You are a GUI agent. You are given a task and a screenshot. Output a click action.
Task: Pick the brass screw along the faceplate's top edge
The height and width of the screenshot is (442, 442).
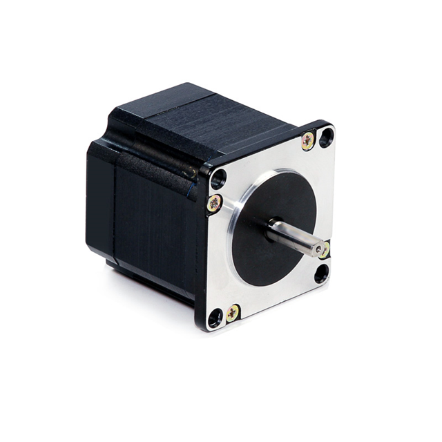(x=308, y=141)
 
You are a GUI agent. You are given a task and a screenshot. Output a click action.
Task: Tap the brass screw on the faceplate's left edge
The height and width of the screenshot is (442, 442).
(x=215, y=202)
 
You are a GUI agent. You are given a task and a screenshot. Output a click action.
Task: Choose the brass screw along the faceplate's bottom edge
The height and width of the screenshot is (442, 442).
(x=233, y=312)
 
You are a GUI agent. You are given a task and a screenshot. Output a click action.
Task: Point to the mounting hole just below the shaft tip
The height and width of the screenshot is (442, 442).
(x=322, y=273)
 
